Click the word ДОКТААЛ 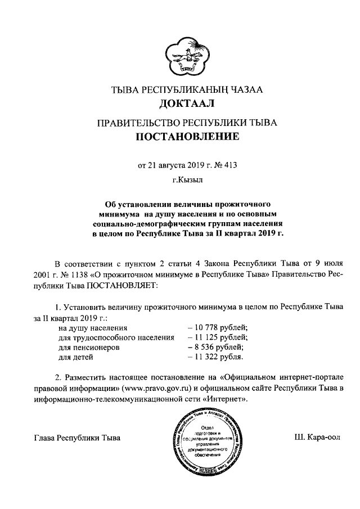(x=179, y=103)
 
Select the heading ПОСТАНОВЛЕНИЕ (x=179, y=137)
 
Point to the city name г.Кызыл (x=179, y=181)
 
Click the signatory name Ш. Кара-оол (x=317, y=437)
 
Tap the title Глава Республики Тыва (x=77, y=437)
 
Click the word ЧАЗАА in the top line (x=249, y=89)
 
